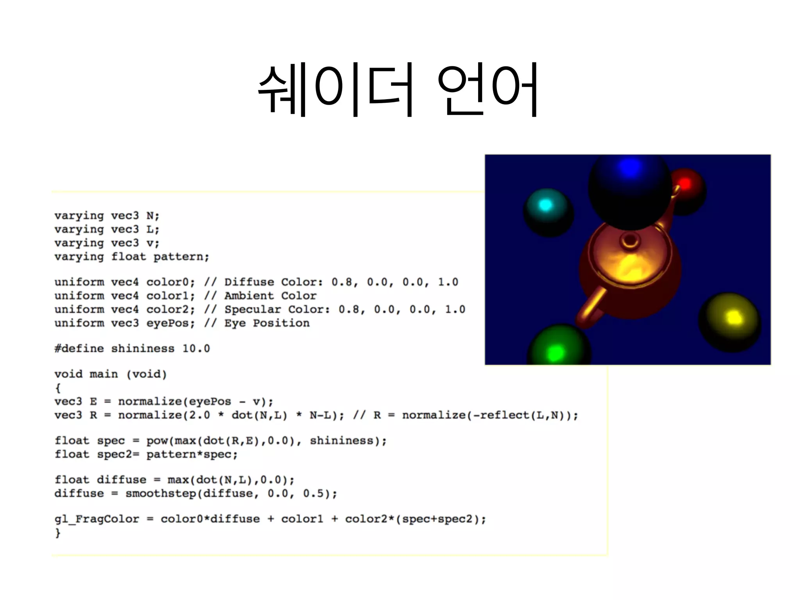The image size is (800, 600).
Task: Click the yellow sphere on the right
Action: [x=730, y=321]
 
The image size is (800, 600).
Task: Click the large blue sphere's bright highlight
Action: [x=630, y=168]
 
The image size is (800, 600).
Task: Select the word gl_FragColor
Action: [x=96, y=519]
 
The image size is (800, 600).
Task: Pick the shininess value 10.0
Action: [x=196, y=348]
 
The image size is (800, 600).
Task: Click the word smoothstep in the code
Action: [x=161, y=494]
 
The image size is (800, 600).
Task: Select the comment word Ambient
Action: [x=249, y=296]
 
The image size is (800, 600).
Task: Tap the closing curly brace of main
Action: [x=58, y=533]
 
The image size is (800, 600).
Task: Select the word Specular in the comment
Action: [x=252, y=310]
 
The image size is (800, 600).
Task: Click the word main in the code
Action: [x=104, y=374]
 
